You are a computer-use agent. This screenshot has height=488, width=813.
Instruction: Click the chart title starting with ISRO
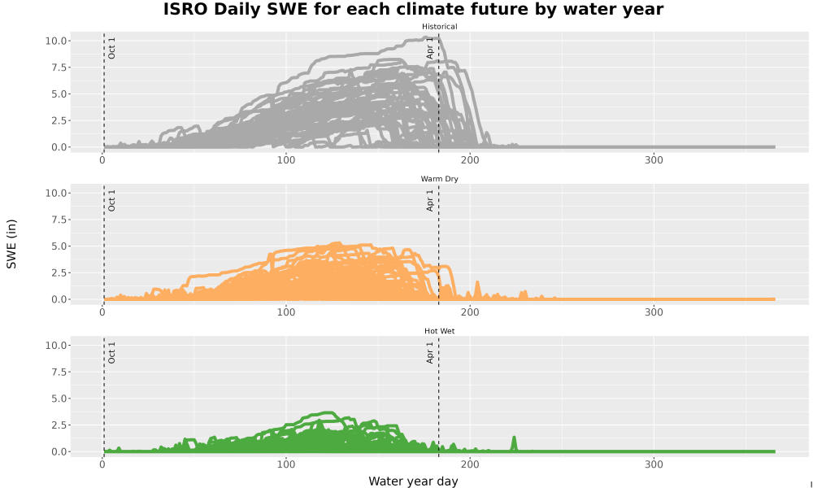(413, 9)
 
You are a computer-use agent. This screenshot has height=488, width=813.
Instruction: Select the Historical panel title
(439, 27)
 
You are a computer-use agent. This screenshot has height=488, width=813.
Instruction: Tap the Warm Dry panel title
(439, 179)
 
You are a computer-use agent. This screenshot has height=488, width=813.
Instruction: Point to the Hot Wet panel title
(439, 331)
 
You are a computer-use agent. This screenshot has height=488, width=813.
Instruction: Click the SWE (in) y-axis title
(11, 244)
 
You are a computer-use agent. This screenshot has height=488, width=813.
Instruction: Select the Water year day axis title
(413, 481)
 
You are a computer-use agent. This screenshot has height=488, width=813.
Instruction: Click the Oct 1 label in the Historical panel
(111, 48)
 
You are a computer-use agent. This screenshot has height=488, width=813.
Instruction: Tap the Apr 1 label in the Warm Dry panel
(430, 200)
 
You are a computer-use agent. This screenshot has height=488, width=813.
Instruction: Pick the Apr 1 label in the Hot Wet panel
(430, 353)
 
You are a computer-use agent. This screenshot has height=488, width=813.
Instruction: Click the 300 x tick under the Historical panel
(654, 160)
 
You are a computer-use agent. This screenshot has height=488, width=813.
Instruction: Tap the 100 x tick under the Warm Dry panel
(285, 312)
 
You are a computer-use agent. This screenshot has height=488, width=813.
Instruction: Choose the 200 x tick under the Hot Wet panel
(470, 464)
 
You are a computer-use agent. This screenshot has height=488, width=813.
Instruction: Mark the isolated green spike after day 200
(514, 443)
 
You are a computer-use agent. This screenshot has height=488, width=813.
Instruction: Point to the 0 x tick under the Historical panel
(102, 160)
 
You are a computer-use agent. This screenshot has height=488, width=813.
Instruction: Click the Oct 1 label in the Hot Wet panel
(111, 353)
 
